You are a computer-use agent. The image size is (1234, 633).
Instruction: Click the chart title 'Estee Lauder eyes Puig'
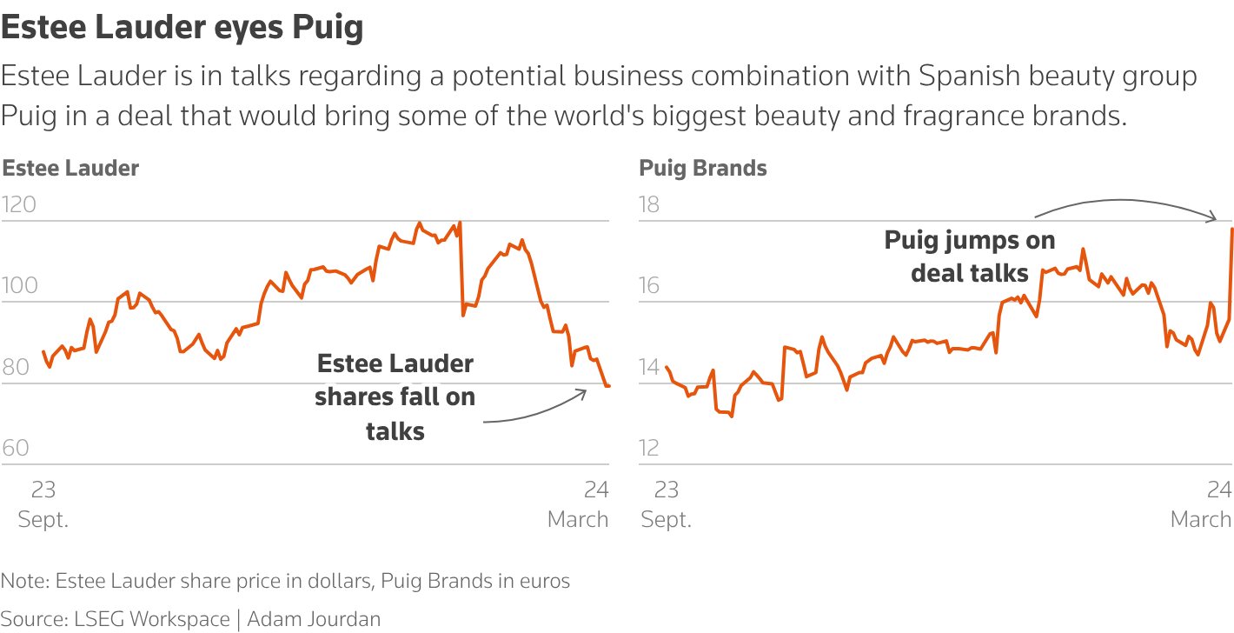click(x=182, y=28)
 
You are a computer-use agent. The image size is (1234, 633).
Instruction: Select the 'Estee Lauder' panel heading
click(x=70, y=168)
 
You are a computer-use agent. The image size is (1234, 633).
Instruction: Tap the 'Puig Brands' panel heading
click(x=703, y=168)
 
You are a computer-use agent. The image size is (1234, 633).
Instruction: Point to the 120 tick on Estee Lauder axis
click(x=19, y=204)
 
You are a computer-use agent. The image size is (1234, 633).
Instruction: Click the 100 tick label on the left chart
click(x=19, y=285)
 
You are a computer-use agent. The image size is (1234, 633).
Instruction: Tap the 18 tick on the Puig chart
click(x=649, y=204)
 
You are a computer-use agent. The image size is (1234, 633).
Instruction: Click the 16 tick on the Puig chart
click(x=649, y=285)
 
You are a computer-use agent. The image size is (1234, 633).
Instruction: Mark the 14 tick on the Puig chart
click(x=649, y=367)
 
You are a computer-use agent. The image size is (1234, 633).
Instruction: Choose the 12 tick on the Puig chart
click(x=649, y=448)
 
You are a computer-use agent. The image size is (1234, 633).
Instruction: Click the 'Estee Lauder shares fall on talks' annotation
click(x=395, y=396)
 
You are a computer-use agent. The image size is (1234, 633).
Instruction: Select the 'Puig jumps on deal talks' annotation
click(x=970, y=256)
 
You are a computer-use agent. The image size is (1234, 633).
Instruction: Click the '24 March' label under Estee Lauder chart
click(x=579, y=504)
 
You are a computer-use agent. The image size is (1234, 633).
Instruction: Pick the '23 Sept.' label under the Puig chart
click(x=667, y=504)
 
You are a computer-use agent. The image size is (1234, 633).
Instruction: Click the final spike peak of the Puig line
click(x=1232, y=229)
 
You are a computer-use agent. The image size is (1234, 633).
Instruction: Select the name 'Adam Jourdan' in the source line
click(x=314, y=619)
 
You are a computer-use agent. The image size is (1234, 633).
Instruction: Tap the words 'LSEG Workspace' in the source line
click(x=151, y=619)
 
